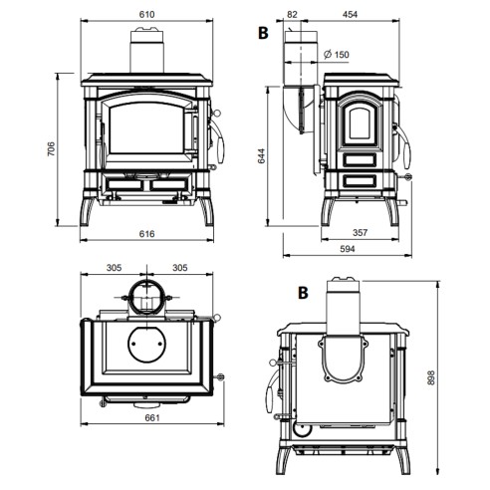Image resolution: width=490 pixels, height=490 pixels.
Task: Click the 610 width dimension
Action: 146,14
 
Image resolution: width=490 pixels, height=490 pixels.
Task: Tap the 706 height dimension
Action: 51,149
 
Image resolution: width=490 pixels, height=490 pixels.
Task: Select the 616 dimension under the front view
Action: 146,234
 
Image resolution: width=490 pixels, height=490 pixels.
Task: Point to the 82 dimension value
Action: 292,14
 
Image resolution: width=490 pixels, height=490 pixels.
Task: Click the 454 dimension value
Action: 350,14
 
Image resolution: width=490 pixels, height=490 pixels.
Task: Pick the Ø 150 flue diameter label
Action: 337,54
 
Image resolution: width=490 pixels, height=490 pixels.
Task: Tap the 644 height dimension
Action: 262,155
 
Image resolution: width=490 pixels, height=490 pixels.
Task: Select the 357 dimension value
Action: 360,232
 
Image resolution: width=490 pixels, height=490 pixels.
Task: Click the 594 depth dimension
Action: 348,249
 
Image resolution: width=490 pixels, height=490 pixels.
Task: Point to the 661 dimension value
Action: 152,417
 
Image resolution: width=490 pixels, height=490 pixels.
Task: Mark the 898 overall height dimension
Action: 430,377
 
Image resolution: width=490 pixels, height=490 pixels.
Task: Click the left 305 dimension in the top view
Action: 114,267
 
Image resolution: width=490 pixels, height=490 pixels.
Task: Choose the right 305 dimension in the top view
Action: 180,267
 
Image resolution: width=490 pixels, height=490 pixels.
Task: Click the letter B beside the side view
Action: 263,33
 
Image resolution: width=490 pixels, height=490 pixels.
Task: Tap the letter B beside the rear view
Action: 303,293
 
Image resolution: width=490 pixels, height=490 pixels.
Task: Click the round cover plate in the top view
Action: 146,344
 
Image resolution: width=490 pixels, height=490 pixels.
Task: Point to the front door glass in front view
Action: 146,127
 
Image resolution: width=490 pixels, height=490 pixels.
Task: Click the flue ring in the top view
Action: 146,297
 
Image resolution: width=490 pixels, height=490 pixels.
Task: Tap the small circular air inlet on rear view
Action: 303,429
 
